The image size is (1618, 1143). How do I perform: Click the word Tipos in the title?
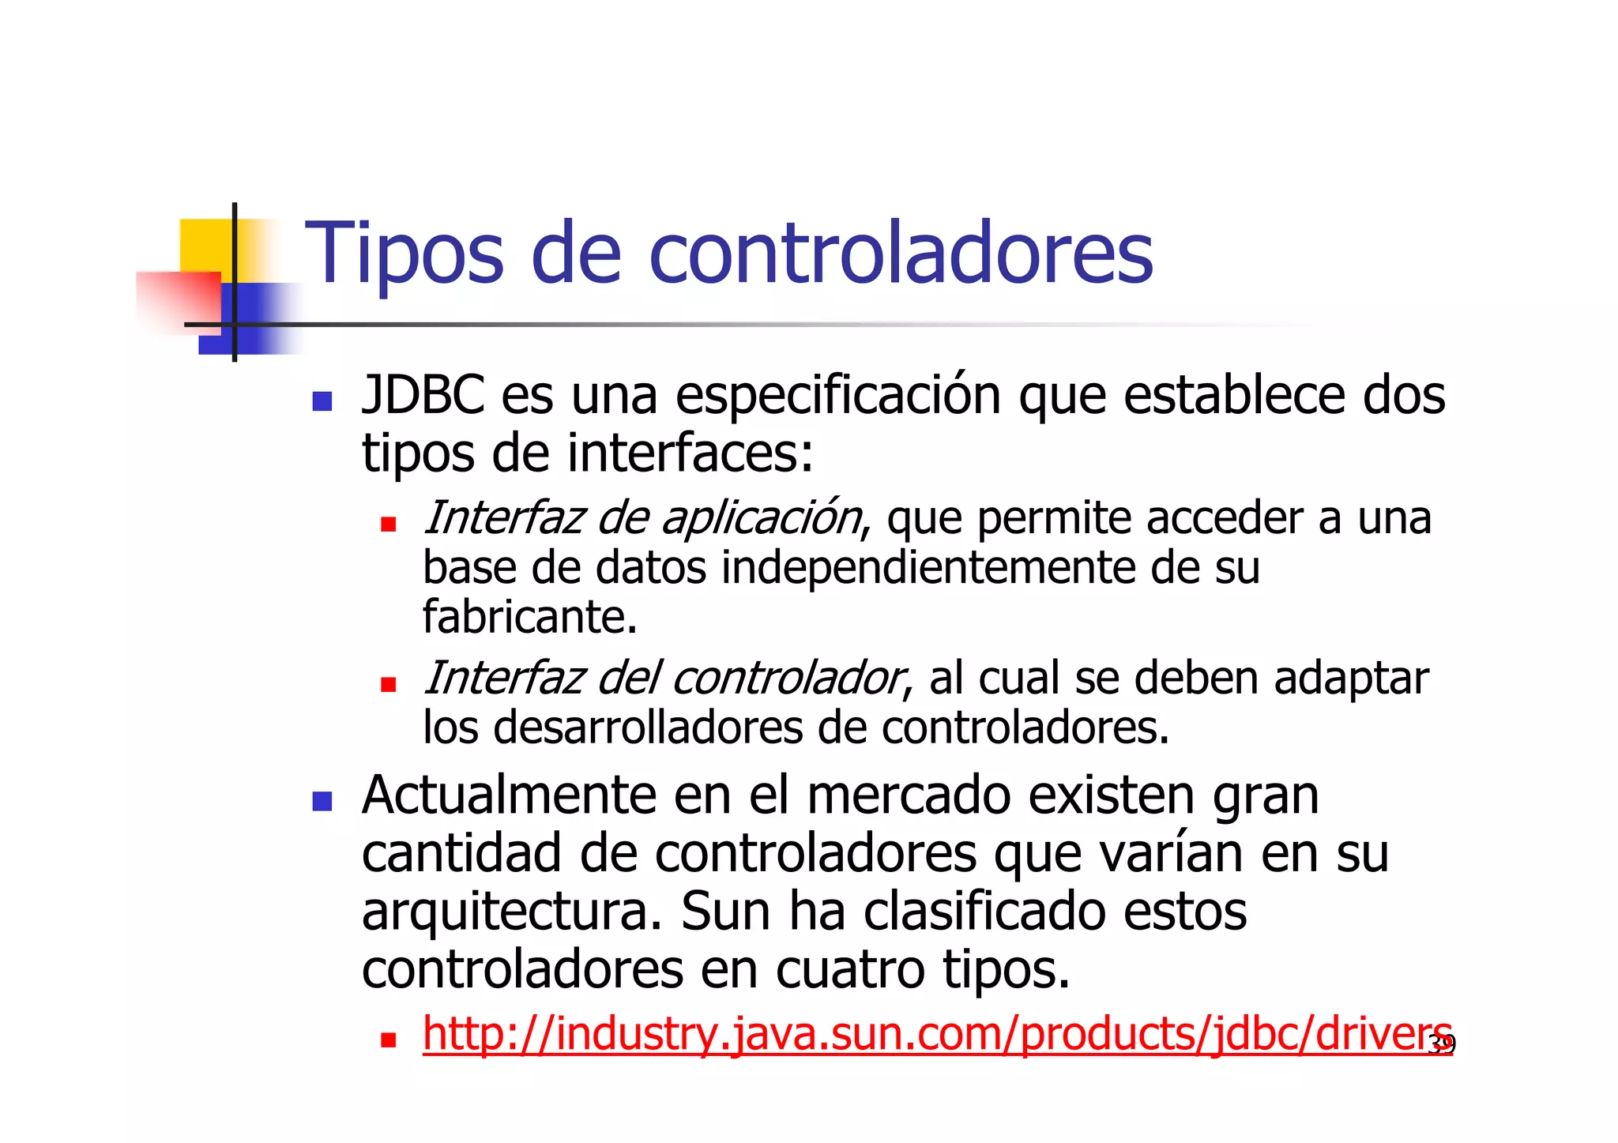[404, 254]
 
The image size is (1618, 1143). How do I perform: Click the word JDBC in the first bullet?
[423, 395]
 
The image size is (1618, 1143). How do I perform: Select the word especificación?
[837, 395]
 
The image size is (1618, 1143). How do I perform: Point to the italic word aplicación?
[762, 518]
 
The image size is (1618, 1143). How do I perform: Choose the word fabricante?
[529, 617]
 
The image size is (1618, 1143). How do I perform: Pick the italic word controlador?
[787, 679]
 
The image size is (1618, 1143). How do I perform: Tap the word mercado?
[909, 795]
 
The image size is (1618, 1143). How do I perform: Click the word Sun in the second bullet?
[725, 912]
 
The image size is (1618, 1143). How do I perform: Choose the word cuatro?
[850, 970]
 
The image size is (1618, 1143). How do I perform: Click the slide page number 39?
[1442, 1046]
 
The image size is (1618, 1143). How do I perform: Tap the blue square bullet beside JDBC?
[322, 401]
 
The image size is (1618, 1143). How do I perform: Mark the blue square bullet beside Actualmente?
[322, 802]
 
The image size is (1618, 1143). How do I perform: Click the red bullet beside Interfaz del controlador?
[388, 684]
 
